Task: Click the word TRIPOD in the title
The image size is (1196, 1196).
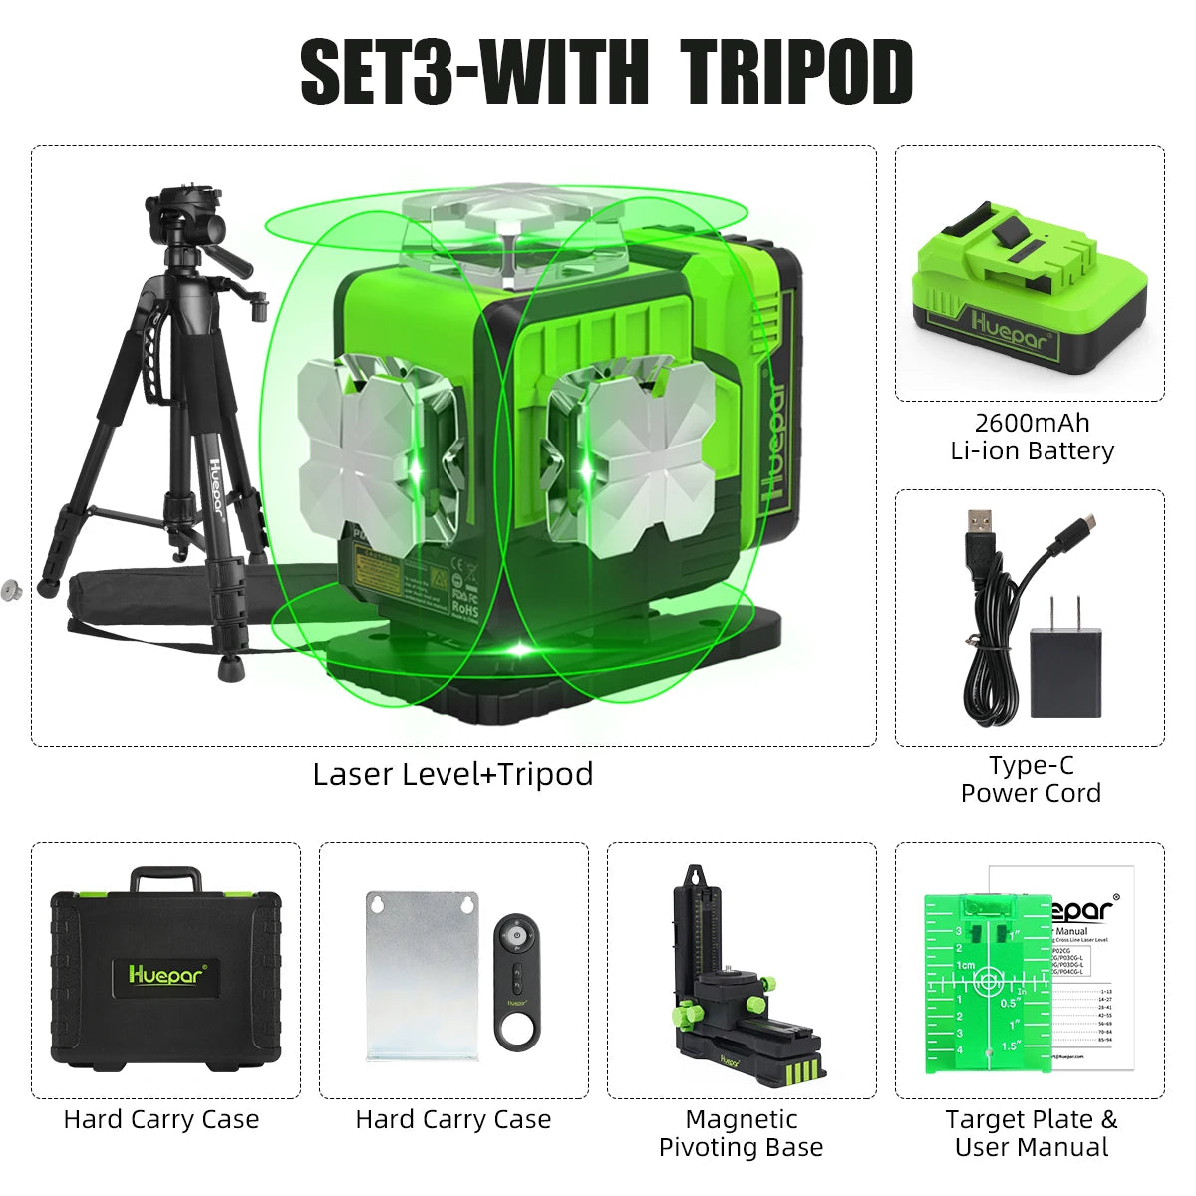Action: click(x=797, y=72)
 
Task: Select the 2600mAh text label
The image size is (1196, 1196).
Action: click(x=1032, y=423)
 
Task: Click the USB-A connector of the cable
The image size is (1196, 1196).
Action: click(x=980, y=525)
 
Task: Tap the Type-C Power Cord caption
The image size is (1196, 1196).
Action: click(x=1031, y=779)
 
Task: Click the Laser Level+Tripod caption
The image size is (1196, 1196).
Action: click(x=452, y=774)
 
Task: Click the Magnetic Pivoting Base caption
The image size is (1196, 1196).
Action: click(x=742, y=1133)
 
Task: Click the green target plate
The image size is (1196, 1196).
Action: click(x=987, y=982)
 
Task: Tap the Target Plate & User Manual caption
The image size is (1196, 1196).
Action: click(x=1031, y=1133)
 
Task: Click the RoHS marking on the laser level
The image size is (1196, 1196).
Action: click(x=465, y=606)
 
